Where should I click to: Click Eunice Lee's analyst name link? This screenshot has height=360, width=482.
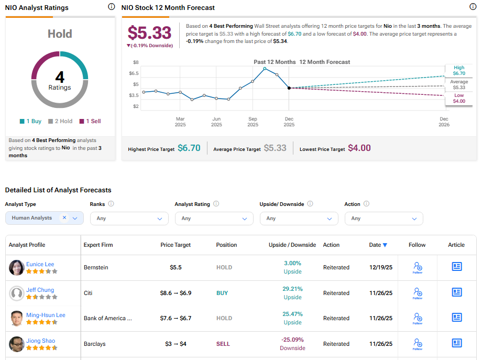pos(40,264)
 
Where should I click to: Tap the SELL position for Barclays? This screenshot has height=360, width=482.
pos(223,344)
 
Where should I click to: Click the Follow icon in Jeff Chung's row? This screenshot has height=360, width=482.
pos(417,293)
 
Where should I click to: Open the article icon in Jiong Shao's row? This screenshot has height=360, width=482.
pos(456,343)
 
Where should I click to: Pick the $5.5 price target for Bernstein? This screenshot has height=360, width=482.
pos(176,267)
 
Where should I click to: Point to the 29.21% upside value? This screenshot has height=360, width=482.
pos(292,289)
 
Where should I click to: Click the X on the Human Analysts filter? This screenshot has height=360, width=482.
pos(64,217)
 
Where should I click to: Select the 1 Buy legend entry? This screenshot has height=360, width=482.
pos(30,121)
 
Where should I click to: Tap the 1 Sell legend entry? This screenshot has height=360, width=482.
pos(90,121)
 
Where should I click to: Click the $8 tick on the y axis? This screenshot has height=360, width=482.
pos(135,62)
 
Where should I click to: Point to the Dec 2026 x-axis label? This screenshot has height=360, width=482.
pos(444,122)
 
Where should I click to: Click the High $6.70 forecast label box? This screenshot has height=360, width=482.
pos(459,71)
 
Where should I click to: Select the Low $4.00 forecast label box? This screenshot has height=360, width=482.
pos(459,99)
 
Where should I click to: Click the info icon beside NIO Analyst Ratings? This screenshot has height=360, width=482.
pos(111,7)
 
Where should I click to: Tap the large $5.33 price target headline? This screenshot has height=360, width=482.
pos(149,33)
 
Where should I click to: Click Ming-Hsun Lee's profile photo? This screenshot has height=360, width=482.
pos(17,318)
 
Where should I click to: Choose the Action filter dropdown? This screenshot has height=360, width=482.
pos(384,219)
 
